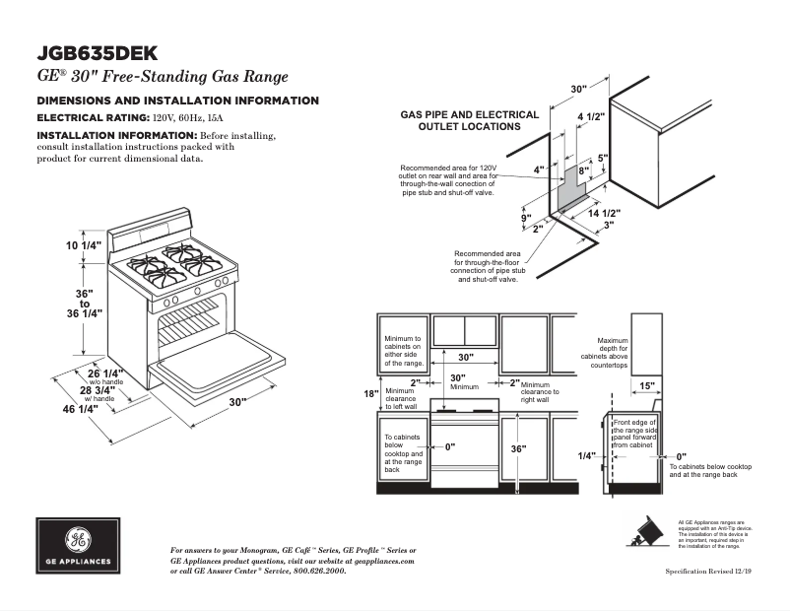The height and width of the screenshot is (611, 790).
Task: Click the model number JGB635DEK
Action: pyautogui.click(x=99, y=53)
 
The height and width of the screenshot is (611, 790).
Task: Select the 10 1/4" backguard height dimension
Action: pyautogui.click(x=85, y=245)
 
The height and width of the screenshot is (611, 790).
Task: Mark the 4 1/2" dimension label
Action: pyautogui.click(x=591, y=116)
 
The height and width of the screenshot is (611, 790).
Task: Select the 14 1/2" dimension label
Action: pyautogui.click(x=604, y=213)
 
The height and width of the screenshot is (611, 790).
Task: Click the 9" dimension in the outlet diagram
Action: pyautogui.click(x=526, y=218)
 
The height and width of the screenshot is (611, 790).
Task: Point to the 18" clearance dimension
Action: pyautogui.click(x=371, y=394)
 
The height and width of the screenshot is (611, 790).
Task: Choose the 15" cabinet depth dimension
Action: pyautogui.click(x=647, y=385)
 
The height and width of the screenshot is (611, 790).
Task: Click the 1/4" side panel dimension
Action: pyautogui.click(x=587, y=455)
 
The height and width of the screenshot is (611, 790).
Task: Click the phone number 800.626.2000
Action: pyautogui.click(x=319, y=571)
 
